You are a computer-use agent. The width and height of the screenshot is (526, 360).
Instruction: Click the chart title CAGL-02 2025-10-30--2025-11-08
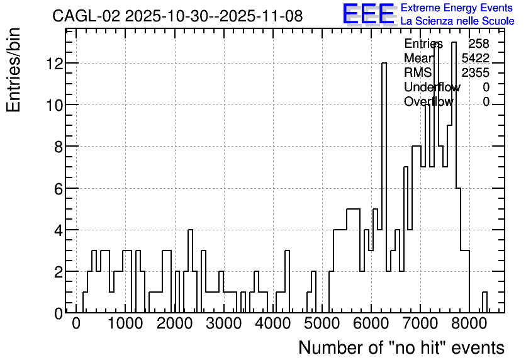tap(177, 16)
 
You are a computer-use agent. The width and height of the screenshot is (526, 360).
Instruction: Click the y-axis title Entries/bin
tap(13, 70)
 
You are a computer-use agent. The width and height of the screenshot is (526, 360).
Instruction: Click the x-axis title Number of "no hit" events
tap(401, 347)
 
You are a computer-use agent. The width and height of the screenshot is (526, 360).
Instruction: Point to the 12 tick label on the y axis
tap(55, 64)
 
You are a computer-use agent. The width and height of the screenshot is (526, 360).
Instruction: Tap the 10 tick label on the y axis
tap(55, 105)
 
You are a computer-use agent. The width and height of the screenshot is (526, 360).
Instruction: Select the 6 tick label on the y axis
tap(59, 189)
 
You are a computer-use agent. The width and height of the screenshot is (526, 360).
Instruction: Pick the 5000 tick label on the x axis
tap(322, 323)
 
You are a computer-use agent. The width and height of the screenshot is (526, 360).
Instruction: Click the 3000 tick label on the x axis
tap(224, 323)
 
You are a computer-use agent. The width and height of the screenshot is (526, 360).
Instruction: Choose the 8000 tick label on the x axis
tap(469, 323)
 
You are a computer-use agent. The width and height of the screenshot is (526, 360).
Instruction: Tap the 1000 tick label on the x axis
tap(125, 323)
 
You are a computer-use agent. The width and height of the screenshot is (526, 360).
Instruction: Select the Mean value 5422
tap(476, 58)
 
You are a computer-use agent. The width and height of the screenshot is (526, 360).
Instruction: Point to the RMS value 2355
tap(476, 72)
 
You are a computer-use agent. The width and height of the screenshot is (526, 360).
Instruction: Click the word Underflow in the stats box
tap(432, 87)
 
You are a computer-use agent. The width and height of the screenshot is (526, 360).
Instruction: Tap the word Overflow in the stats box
tap(428, 101)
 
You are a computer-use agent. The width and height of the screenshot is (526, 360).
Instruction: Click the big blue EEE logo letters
tap(369, 14)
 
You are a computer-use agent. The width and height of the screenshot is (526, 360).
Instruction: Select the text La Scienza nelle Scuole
tap(457, 21)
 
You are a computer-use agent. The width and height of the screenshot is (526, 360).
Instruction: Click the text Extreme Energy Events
tap(457, 8)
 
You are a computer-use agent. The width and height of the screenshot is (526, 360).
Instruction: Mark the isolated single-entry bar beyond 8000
tap(484, 302)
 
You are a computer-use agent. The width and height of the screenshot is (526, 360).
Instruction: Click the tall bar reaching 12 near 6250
tap(384, 188)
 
